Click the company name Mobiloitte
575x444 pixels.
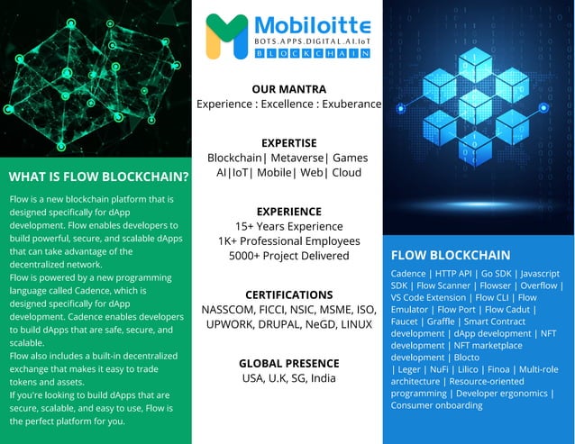(312, 26)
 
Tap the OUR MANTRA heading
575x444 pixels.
(288, 89)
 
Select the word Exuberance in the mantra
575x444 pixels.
(348, 104)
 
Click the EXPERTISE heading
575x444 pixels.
(288, 142)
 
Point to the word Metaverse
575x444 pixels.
(297, 158)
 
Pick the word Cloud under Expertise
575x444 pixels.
(346, 172)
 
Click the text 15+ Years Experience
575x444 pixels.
(288, 226)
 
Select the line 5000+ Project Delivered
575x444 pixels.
(288, 255)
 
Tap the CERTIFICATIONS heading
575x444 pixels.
(288, 294)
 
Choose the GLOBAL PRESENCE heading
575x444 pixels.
(288, 363)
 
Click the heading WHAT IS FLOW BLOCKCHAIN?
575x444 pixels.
(98, 176)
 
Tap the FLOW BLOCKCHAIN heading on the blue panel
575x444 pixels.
(451, 255)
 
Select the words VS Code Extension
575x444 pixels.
(429, 297)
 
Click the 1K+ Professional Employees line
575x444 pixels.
(288, 240)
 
